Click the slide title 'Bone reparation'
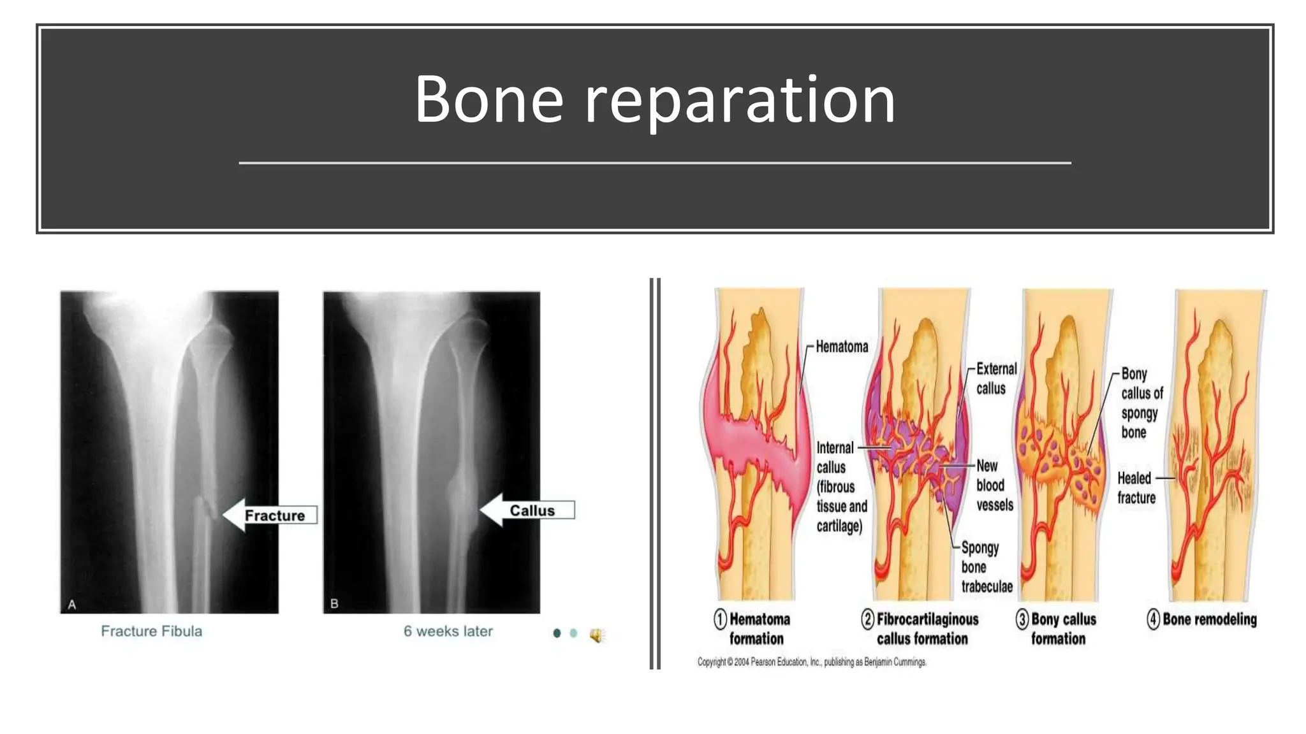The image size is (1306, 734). click(655, 100)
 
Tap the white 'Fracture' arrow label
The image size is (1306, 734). click(274, 515)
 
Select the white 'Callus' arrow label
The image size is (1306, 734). click(531, 510)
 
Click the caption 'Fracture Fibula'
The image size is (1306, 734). click(151, 631)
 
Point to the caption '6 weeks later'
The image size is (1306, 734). click(448, 631)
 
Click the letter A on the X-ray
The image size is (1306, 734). click(72, 604)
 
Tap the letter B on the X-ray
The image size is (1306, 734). click(334, 603)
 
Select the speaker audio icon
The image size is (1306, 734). click(596, 635)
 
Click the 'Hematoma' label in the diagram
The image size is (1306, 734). click(842, 347)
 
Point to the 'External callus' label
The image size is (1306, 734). click(995, 378)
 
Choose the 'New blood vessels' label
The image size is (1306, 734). click(994, 486)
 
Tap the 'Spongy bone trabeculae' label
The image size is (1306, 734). click(986, 567)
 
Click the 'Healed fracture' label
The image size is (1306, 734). click(1136, 487)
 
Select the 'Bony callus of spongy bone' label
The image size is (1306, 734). click(1141, 403)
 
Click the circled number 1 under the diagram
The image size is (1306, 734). click(720, 619)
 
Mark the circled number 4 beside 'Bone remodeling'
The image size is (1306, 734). click(1153, 619)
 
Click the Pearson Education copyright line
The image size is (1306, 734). click(811, 662)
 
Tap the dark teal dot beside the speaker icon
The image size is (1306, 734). click(557, 633)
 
